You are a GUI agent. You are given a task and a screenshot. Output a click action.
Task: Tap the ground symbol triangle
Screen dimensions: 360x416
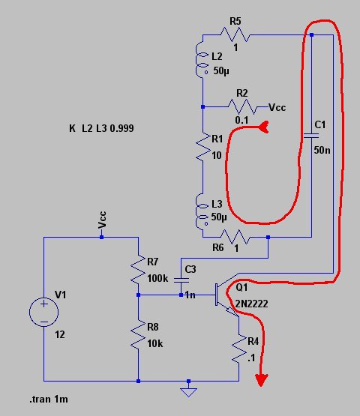tap(188, 392)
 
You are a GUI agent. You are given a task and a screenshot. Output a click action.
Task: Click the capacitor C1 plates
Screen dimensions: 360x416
tap(311, 136)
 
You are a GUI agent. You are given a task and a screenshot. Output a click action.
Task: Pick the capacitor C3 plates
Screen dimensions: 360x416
tap(181, 280)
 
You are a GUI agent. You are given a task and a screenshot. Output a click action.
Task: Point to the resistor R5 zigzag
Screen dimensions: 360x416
tap(235, 34)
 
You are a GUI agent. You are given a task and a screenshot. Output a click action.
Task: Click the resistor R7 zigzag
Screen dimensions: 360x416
tap(138, 269)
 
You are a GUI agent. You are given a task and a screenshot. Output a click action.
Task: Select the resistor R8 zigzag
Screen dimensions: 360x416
tap(138, 334)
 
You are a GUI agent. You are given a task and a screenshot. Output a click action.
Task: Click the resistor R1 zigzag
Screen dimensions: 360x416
tap(203, 147)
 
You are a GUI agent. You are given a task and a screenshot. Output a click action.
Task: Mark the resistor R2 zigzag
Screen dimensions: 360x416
tap(242, 107)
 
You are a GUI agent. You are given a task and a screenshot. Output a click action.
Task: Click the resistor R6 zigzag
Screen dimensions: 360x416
tap(235, 237)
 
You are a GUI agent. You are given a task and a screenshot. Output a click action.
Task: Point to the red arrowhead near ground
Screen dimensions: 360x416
tap(262, 380)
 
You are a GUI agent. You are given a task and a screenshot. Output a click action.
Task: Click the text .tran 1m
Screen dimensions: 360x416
tap(49, 399)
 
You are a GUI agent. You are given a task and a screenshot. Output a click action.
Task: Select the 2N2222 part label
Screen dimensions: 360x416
tap(252, 304)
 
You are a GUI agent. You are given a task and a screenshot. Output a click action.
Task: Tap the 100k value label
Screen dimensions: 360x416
tap(157, 278)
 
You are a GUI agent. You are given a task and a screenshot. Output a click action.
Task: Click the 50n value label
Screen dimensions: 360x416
tap(322, 150)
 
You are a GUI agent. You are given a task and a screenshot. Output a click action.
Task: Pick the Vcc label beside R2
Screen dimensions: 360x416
tap(277, 107)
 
